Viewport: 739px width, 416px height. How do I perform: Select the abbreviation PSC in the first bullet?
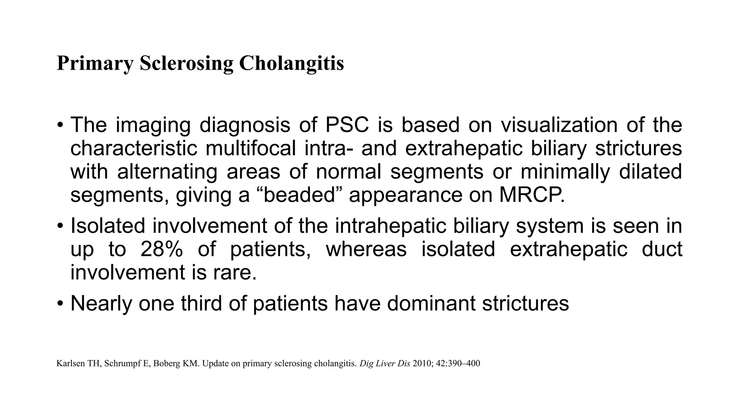tap(347, 125)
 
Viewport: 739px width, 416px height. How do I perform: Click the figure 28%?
tap(161, 250)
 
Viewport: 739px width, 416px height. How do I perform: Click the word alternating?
tap(167, 172)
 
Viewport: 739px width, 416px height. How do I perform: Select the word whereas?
tap(366, 250)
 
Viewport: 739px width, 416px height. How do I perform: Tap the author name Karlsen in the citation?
tap(70, 363)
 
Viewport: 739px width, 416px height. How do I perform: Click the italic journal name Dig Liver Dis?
tap(385, 363)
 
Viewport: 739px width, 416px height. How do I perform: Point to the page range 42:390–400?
tap(458, 363)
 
